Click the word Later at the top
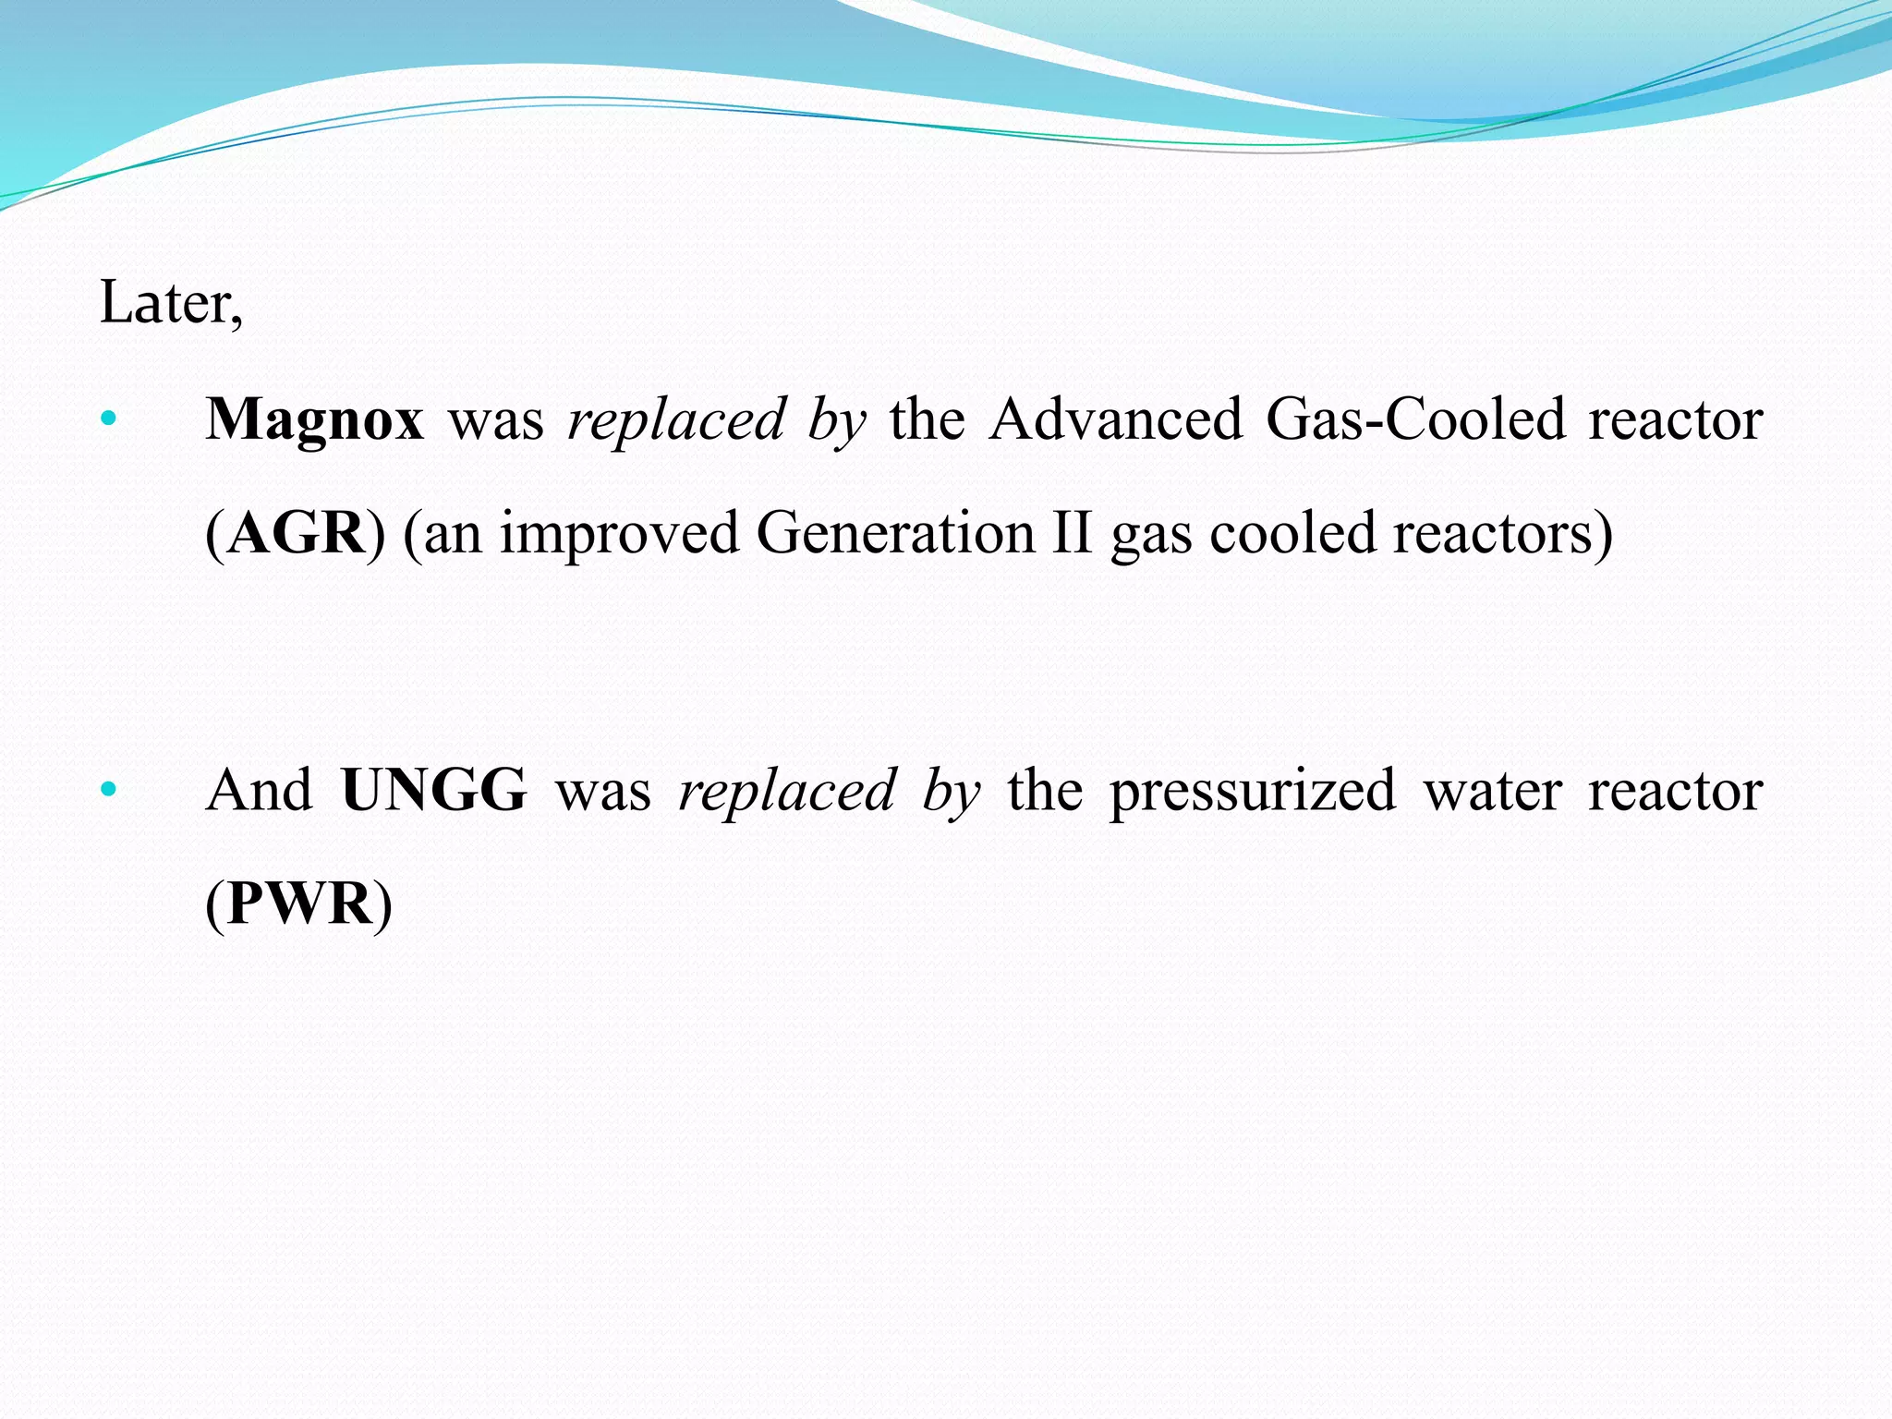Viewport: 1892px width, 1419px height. point(166,303)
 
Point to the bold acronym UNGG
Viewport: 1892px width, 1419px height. point(433,791)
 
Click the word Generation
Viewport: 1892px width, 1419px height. point(895,534)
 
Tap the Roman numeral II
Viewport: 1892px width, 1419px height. point(1072,534)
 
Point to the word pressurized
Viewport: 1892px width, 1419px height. point(1252,791)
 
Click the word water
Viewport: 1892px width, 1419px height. point(1492,791)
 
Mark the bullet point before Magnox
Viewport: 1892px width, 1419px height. point(109,418)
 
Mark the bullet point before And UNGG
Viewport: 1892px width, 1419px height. point(109,790)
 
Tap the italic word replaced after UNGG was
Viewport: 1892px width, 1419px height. point(787,791)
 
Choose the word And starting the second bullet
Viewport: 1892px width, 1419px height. point(260,791)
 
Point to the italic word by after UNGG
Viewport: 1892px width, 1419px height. point(951,791)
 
